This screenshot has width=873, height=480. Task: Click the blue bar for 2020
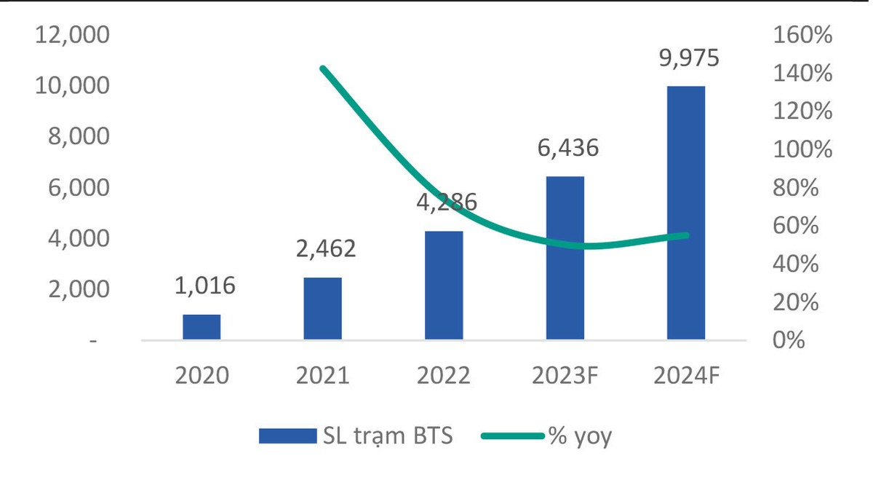pyautogui.click(x=202, y=327)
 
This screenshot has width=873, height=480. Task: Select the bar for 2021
pyautogui.click(x=322, y=308)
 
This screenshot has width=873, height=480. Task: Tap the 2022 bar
pyautogui.click(x=444, y=285)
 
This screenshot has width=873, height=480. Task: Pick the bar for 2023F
pyautogui.click(x=565, y=258)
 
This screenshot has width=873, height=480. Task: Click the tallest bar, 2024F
pyautogui.click(x=685, y=213)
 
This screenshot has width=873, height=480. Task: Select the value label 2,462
pyautogui.click(x=325, y=249)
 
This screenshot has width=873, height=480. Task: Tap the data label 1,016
pyautogui.click(x=204, y=286)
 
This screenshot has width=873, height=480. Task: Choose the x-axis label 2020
pyautogui.click(x=202, y=376)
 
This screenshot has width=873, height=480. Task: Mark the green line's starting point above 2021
pyautogui.click(x=323, y=68)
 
